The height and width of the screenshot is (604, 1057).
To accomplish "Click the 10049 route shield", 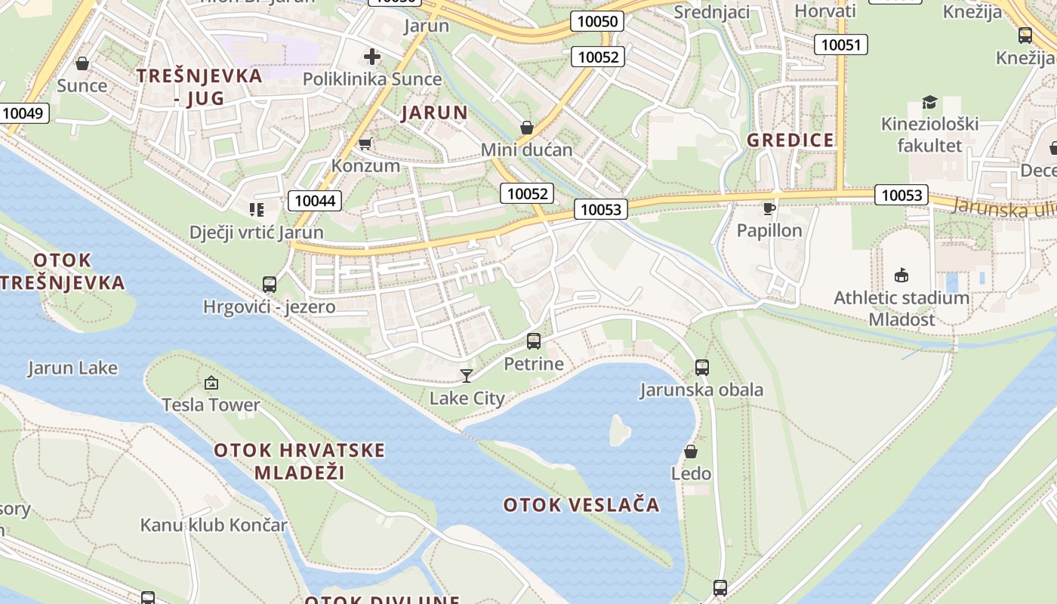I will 25,113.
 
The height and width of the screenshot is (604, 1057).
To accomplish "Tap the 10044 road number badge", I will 315,200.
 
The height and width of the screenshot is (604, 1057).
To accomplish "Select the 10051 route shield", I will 840,45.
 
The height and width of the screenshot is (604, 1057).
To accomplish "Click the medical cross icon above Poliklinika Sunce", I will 371,57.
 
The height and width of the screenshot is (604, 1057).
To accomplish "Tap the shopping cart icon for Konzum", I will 365,143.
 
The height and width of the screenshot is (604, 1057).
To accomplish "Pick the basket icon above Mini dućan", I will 527,128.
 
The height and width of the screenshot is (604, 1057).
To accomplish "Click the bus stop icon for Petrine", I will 534,341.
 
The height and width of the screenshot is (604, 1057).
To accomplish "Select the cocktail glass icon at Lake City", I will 467,375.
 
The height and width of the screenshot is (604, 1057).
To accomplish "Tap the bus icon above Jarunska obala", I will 702,368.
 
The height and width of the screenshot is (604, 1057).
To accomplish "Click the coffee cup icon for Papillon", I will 769,208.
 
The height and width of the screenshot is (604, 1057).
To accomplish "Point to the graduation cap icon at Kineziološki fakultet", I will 929,102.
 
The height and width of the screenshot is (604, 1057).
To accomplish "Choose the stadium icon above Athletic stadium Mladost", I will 901,275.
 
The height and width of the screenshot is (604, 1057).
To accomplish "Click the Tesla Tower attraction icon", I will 211,383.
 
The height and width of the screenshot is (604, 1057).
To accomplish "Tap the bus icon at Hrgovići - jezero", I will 270,285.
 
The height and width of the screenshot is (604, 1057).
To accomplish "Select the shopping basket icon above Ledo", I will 691,451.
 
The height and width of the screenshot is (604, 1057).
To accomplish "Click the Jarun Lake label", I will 72,368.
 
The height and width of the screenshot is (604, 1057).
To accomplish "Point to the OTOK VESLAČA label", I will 581,504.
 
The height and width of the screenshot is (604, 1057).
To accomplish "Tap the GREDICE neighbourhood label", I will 790,140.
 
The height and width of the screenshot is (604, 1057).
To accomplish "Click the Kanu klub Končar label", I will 214,525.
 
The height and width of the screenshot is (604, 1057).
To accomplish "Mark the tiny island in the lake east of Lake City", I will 620,430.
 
